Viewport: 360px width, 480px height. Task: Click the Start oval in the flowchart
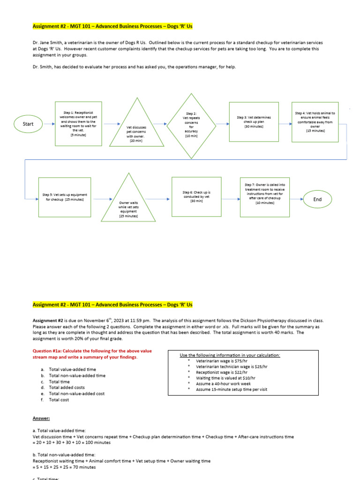[28, 124]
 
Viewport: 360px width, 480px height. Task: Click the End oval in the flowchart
[317, 199]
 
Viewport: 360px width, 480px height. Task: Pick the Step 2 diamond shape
[191, 124]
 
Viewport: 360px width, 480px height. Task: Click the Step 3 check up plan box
[254, 122]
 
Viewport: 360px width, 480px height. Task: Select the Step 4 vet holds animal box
[315, 122]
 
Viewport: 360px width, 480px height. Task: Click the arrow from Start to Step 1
[47, 124]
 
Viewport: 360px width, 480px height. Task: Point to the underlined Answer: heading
[41, 418]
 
